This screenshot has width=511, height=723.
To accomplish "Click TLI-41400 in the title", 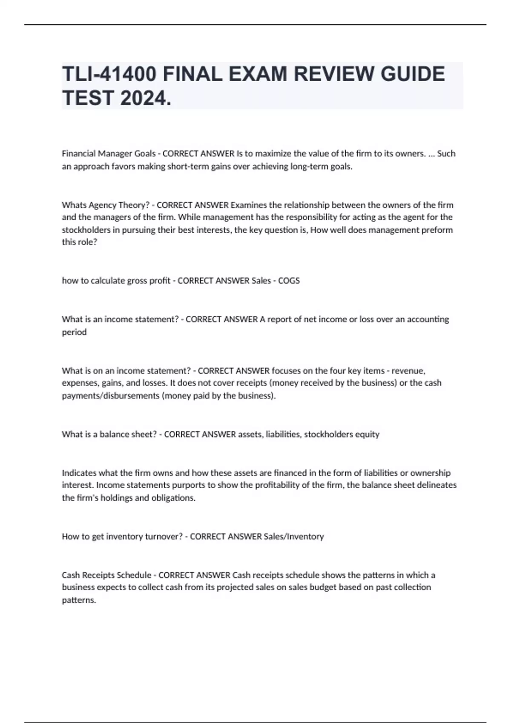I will click(109, 74).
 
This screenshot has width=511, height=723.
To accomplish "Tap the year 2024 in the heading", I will click(146, 99).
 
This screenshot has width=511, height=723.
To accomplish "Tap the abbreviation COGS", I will click(289, 281).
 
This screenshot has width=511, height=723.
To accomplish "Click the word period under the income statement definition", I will click(74, 332).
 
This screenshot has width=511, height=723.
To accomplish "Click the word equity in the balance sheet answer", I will click(367, 434).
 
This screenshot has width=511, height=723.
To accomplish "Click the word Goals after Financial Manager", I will click(145, 154).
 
